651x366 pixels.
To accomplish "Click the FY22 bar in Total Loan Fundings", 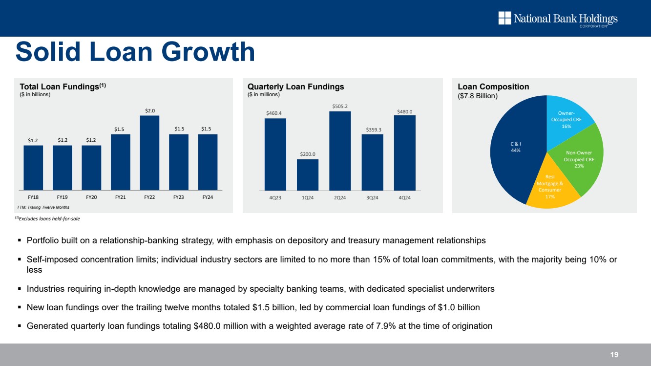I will tap(149, 152).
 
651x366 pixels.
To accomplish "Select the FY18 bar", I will tap(33, 167).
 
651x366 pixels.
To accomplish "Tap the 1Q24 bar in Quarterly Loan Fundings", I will tap(308, 174).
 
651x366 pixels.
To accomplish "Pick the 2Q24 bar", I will tap(340, 151).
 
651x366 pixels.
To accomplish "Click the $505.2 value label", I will tap(340, 106).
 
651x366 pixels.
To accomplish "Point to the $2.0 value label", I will tap(149, 110).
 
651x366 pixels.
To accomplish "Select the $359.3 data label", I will tap(373, 129).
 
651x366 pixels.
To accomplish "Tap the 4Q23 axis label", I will tap(275, 197).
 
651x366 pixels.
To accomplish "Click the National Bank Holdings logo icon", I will tap(504, 18).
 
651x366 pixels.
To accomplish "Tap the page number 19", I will tap(614, 355).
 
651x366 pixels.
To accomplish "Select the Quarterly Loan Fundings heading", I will tap(296, 86).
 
